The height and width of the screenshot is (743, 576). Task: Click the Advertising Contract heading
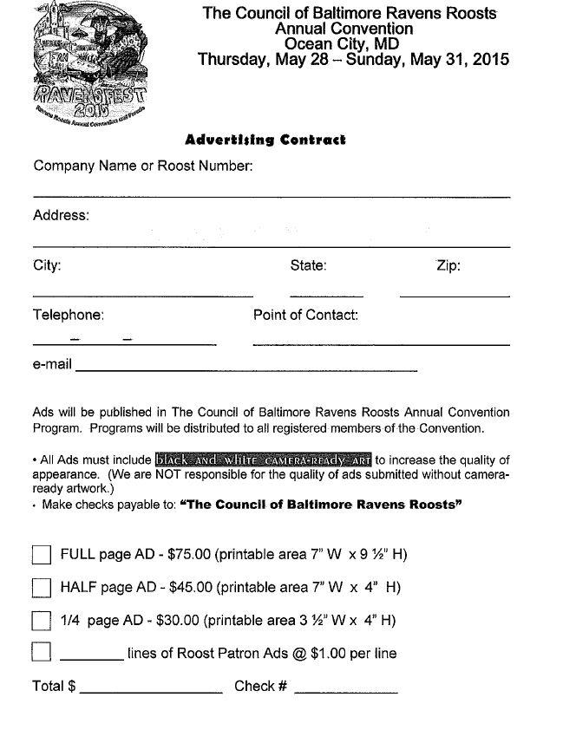tap(265, 140)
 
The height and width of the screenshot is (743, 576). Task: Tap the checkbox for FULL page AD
tap(41, 556)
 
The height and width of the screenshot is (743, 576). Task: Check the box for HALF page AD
tap(41, 588)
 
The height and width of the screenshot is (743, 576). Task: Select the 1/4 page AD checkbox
tap(41, 622)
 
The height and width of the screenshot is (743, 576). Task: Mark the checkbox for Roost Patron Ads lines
tap(41, 652)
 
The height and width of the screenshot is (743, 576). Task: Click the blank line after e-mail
tap(246, 370)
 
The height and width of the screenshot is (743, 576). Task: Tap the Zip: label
tap(448, 265)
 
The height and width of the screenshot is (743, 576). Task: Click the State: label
tap(308, 265)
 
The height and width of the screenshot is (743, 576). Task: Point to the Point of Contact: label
tap(305, 315)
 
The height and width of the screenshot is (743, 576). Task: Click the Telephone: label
tap(69, 315)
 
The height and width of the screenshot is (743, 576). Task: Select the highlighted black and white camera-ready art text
tap(264, 459)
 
